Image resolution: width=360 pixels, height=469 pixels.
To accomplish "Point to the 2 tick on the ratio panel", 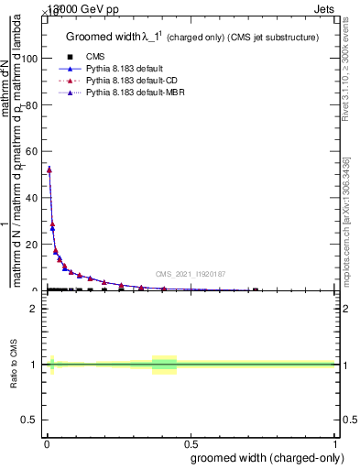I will pos(35,308).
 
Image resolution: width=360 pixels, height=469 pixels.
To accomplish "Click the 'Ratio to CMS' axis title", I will pos(15,365).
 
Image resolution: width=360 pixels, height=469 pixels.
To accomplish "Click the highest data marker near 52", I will pos(49,169).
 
